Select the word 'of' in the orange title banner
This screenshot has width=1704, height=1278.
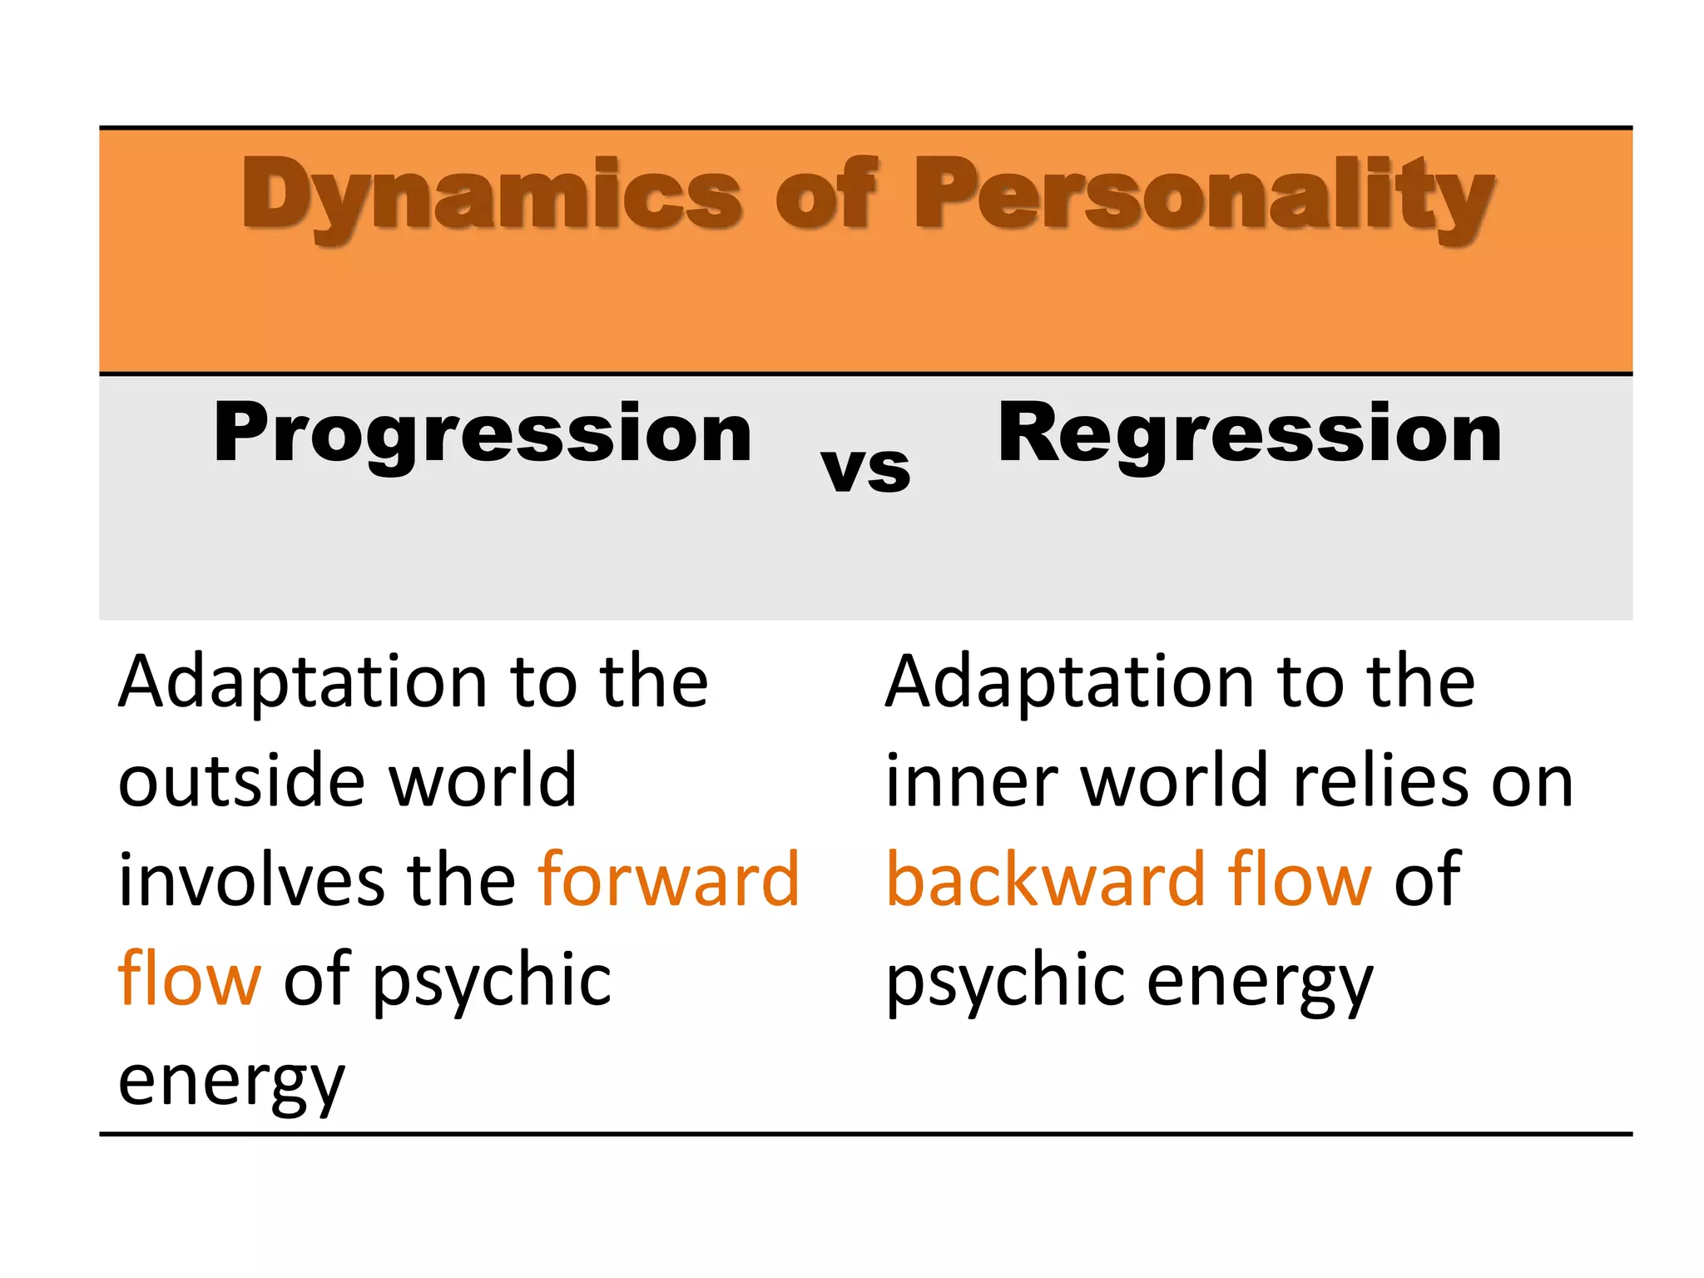coord(825,195)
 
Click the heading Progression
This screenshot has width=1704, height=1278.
coord(483,434)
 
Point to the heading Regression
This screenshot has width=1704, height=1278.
coord(1250,434)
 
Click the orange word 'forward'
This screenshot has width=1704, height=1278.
coord(669,880)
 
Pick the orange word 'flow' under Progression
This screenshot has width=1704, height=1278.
coord(190,979)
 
